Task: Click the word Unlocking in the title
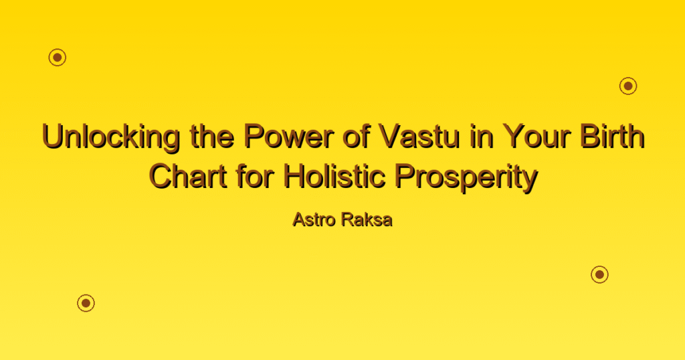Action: (x=111, y=137)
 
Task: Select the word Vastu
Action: (x=419, y=137)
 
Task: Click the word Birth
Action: (x=612, y=137)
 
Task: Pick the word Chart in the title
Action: (x=188, y=177)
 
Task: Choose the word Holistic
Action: (x=334, y=177)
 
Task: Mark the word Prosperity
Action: (x=466, y=178)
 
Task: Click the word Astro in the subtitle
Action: (x=314, y=219)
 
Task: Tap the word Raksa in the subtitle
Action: (x=367, y=219)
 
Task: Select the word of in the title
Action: (x=357, y=137)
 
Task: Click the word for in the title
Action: (x=256, y=177)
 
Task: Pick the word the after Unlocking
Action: (x=212, y=137)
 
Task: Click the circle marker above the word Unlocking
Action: (x=58, y=58)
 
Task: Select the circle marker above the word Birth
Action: (x=628, y=86)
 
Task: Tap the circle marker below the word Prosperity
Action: (x=600, y=274)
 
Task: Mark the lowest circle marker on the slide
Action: (x=86, y=303)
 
